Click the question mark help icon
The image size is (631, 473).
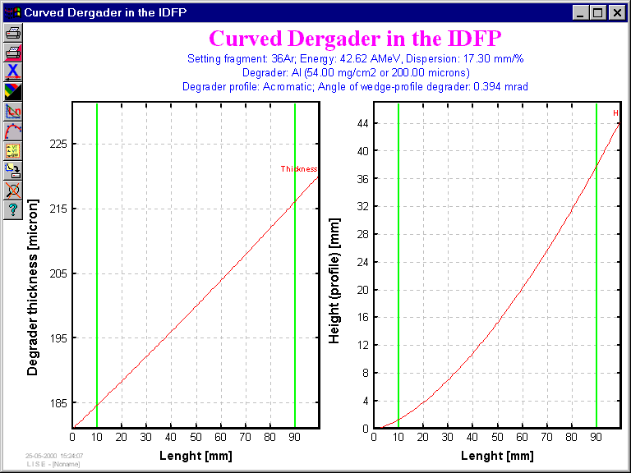(x=13, y=210)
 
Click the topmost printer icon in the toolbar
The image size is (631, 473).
(x=13, y=33)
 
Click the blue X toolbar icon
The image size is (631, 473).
(x=13, y=72)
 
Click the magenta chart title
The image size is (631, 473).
(x=355, y=39)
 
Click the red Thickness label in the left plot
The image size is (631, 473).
(x=298, y=169)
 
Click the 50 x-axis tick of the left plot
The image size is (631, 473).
(x=196, y=435)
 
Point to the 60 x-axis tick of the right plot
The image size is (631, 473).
(x=522, y=435)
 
